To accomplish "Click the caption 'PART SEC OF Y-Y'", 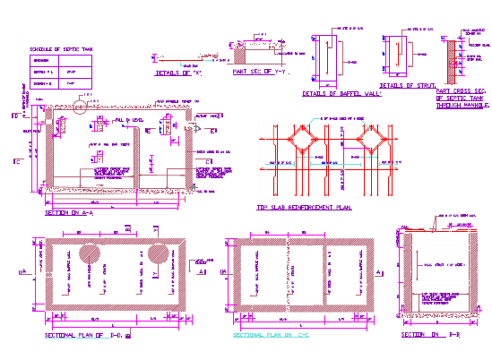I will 257,70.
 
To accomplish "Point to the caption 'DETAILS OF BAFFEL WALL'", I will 341,93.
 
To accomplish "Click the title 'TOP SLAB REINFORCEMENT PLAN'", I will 304,207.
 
